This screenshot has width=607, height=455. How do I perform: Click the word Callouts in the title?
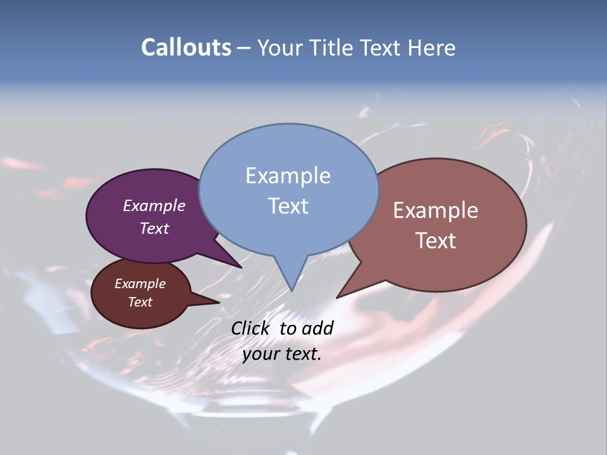[186, 47]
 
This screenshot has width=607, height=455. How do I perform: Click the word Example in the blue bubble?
[288, 176]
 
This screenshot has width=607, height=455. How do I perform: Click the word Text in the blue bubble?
[288, 206]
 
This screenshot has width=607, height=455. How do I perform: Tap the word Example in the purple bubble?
[154, 205]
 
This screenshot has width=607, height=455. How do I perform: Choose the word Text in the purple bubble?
[154, 228]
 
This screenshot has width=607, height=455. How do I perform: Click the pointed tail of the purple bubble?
[240, 266]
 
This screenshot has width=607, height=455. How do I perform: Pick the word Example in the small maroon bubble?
[140, 284]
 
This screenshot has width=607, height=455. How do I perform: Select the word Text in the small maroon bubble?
[140, 302]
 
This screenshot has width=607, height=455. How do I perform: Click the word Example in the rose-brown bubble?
[435, 210]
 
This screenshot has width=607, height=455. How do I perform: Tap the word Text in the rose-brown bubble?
[435, 241]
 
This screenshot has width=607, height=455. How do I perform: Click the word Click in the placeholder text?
[252, 328]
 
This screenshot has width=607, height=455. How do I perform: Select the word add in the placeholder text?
[317, 328]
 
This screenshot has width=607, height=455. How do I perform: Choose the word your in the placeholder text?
[260, 354]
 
